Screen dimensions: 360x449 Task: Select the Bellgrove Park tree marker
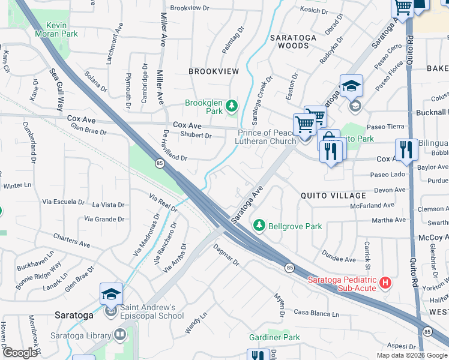(x=259, y=225)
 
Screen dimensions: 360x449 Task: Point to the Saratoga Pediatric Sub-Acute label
(x=342, y=284)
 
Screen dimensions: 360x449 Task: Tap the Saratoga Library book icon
(x=120, y=334)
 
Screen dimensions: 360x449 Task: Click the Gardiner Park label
(x=275, y=338)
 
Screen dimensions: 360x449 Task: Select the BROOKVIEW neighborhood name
(x=214, y=71)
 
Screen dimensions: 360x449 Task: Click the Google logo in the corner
(x=20, y=353)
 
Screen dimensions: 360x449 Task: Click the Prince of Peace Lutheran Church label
(x=267, y=137)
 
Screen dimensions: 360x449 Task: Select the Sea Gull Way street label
(x=56, y=90)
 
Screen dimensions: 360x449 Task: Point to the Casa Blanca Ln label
(x=316, y=314)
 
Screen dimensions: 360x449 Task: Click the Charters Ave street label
(x=71, y=241)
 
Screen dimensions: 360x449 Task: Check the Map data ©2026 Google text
(x=412, y=355)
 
